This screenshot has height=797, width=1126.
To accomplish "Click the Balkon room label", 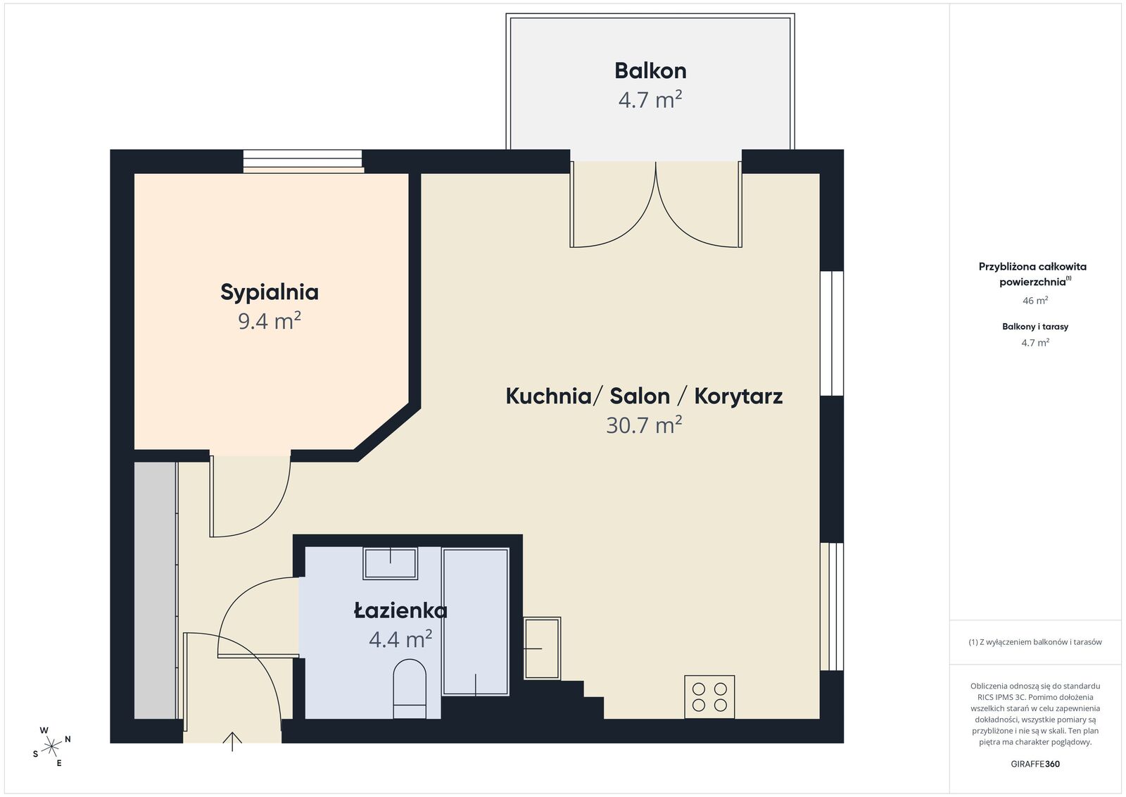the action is (x=650, y=71).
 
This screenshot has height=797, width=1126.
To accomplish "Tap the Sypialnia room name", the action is (x=270, y=293).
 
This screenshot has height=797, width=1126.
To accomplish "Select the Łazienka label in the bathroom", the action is (x=400, y=610).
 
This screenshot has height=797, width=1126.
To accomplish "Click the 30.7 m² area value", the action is (x=644, y=425).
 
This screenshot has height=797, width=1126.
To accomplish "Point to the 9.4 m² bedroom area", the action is (x=270, y=321).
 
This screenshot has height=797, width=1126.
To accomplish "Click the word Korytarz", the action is (x=738, y=396).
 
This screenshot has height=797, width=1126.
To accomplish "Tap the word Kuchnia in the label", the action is (x=548, y=396).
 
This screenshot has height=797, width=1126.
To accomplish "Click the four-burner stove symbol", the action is (x=709, y=696).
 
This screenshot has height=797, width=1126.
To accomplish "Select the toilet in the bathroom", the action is (x=410, y=689).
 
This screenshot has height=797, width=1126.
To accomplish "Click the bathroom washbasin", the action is (x=390, y=563).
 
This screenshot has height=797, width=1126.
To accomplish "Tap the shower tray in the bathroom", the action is (x=476, y=622).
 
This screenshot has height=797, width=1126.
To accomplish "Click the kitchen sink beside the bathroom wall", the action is (x=542, y=648).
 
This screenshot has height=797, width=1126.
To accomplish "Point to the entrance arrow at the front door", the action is (x=232, y=741).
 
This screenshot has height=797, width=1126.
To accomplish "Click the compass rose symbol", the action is (x=51, y=747).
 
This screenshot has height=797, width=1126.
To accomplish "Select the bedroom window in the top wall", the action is (x=303, y=161).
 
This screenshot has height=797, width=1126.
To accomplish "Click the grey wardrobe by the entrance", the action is (x=156, y=590).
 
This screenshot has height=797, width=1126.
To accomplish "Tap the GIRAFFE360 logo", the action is (x=1035, y=764).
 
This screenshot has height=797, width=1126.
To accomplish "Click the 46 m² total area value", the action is (x=1035, y=300).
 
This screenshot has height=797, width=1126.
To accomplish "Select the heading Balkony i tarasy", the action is (x=1035, y=327).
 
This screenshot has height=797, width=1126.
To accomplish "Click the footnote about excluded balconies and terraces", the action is (x=1035, y=642).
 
